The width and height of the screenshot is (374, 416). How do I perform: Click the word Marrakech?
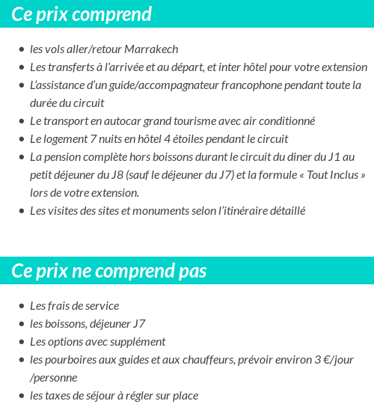(x=153, y=49)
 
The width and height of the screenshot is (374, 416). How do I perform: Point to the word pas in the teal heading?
(x=193, y=271)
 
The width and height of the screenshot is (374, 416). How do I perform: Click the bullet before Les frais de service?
(x=22, y=307)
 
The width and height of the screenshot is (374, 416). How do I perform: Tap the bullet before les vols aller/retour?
(x=22, y=50)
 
